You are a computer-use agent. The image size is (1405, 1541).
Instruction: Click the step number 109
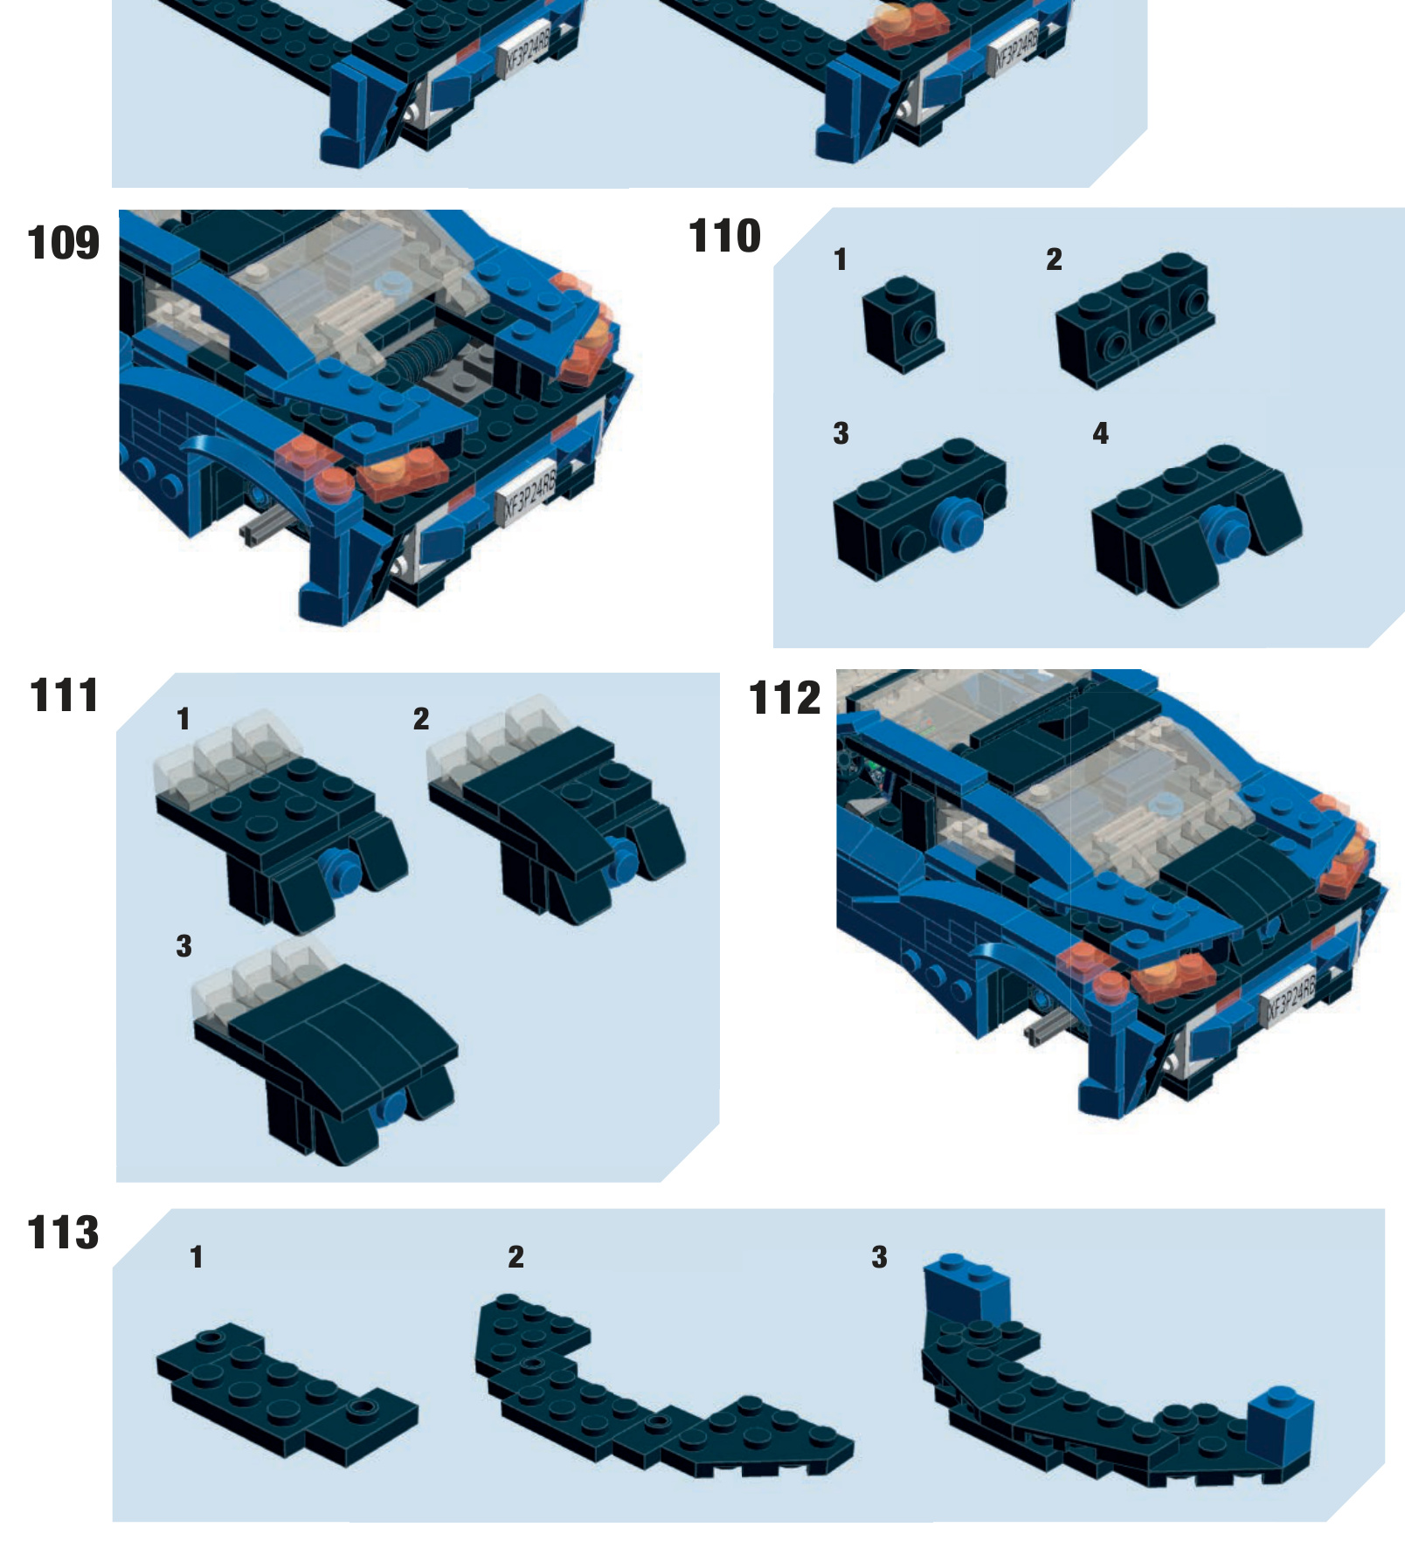pyautogui.click(x=63, y=243)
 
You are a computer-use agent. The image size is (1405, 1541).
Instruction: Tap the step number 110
pyautogui.click(x=724, y=236)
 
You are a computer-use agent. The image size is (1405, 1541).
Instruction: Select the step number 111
pyautogui.click(x=64, y=695)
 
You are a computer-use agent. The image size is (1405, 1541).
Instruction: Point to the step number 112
pyautogui.click(x=785, y=698)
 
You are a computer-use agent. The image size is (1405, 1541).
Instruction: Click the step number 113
pyautogui.click(x=63, y=1233)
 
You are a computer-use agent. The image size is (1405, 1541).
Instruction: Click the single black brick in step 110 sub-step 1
pyautogui.click(x=903, y=325)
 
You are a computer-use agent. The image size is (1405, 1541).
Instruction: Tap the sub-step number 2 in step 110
pyautogui.click(x=1054, y=259)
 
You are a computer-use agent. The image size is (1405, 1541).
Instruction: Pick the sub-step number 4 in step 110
pyautogui.click(x=1100, y=433)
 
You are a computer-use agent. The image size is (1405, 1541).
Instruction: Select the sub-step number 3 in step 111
pyautogui.click(x=183, y=946)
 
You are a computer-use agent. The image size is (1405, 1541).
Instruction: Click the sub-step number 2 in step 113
pyautogui.click(x=516, y=1257)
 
